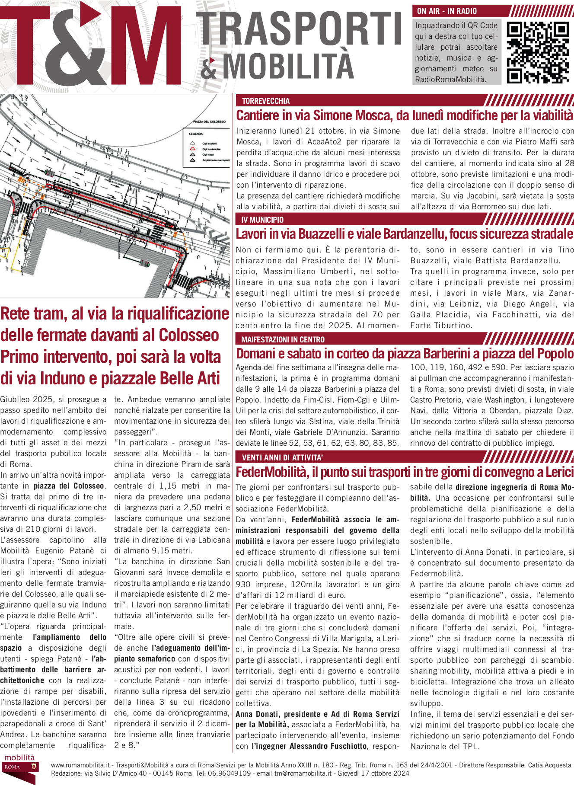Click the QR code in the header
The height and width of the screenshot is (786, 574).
(x=538, y=52)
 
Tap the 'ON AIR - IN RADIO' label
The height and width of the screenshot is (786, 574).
(x=446, y=11)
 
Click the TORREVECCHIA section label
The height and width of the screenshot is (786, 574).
(x=265, y=101)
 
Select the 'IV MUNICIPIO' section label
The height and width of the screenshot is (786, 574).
(x=262, y=220)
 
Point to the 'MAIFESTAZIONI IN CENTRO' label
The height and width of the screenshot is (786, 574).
(x=283, y=340)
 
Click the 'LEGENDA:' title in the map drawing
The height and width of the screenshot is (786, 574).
(x=196, y=134)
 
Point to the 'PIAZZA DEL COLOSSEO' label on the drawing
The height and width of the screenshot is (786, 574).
(x=209, y=122)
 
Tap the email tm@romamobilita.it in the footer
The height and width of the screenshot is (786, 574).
(x=303, y=773)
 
